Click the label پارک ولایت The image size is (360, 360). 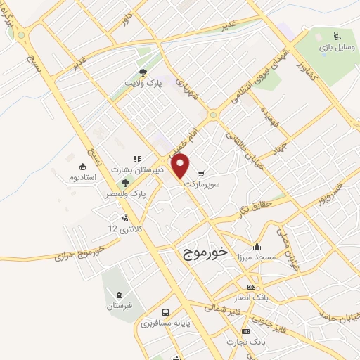144,83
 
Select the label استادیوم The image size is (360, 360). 83,177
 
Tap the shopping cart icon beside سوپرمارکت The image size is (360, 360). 202,172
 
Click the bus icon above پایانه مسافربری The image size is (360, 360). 165,312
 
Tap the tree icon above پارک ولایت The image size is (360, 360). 143,72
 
